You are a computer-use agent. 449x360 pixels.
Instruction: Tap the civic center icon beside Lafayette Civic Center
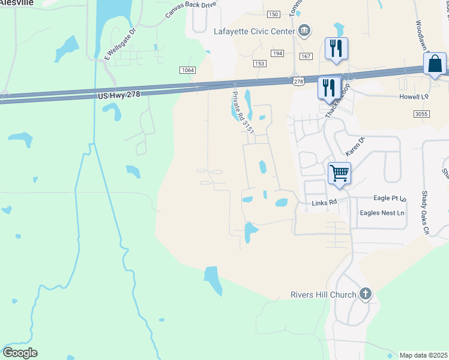[304, 31]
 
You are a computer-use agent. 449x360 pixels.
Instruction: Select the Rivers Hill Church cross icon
[364, 294]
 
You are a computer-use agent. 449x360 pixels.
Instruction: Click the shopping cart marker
[340, 174]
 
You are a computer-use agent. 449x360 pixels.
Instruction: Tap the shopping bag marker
[435, 64]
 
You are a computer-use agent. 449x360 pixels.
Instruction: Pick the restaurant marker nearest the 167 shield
[336, 49]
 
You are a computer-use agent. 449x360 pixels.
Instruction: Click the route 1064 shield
[187, 70]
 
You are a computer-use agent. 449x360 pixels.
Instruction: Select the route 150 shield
[273, 14]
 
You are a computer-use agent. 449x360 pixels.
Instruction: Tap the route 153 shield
[259, 64]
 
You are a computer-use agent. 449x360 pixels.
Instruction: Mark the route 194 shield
[277, 53]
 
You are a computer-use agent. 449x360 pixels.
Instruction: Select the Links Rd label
[324, 203]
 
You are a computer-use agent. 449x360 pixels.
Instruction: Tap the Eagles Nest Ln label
[382, 213]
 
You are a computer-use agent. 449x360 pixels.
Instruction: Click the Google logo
[20, 353]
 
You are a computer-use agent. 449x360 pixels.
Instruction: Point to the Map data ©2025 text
[424, 355]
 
